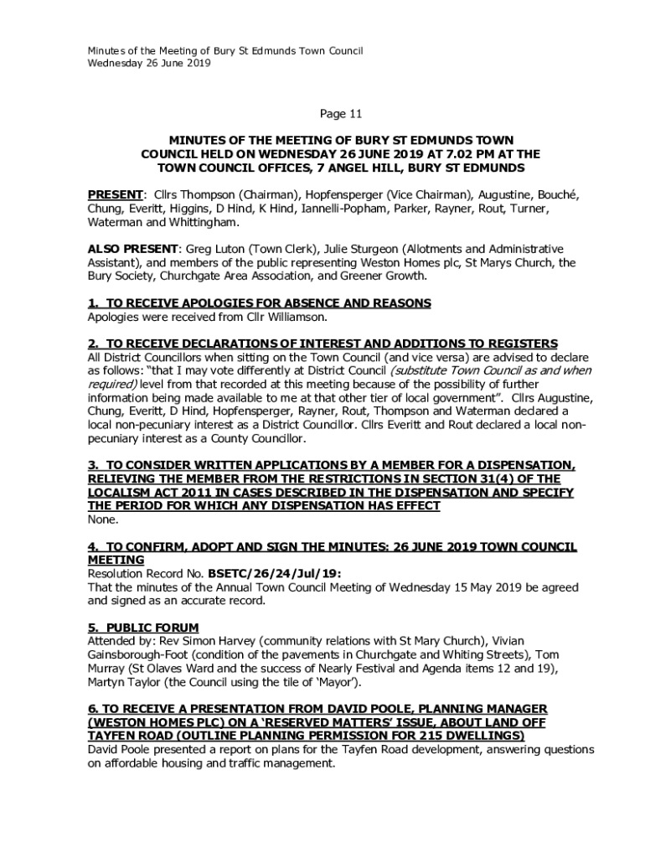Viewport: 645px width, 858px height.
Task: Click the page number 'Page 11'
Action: [341, 113]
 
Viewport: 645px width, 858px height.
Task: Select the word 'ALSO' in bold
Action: [103, 249]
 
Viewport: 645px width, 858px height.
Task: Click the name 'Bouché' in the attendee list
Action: [557, 194]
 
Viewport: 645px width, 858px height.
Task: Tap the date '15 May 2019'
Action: [448, 587]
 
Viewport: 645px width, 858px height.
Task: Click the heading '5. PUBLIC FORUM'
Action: [143, 628]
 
